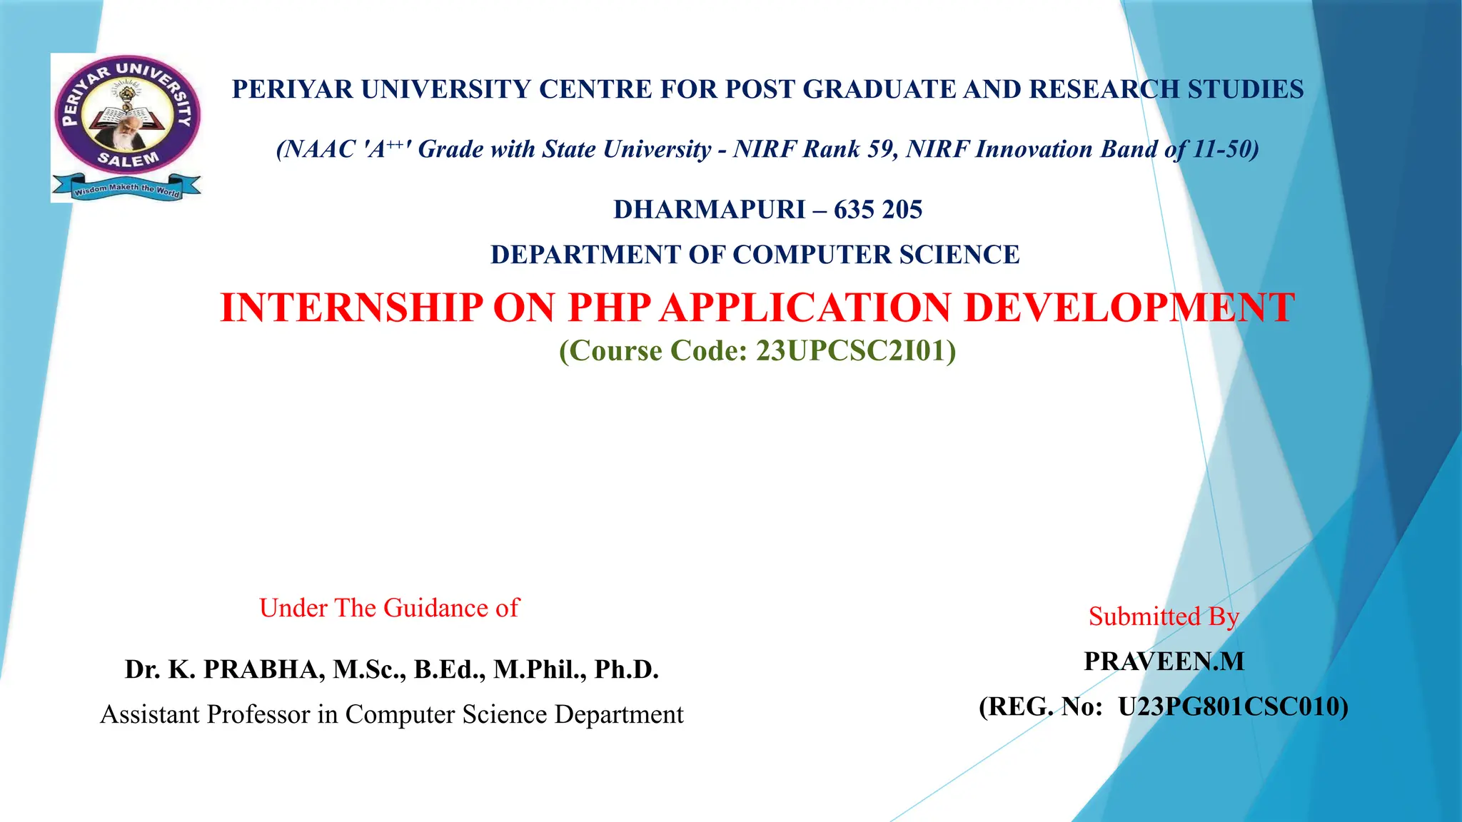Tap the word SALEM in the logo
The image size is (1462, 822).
pos(128,159)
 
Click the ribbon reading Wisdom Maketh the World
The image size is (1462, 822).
pos(126,189)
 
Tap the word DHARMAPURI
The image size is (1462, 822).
pos(710,210)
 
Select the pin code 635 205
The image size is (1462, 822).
pos(878,210)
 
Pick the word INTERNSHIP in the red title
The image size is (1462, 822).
pos(351,308)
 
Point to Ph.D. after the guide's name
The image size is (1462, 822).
pos(626,669)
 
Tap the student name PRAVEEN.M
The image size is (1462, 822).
pos(1164,661)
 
